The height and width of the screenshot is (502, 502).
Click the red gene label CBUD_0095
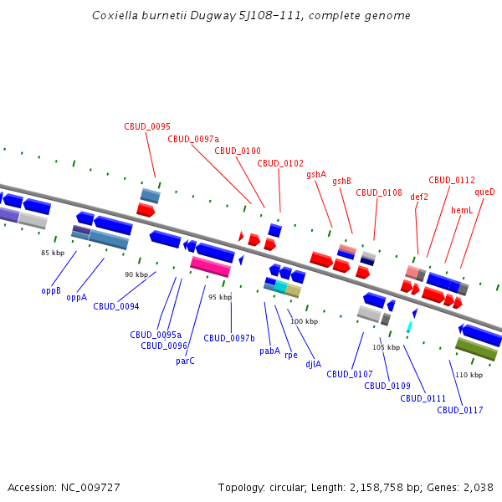pos(147,126)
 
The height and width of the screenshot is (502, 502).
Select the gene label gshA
pos(316,174)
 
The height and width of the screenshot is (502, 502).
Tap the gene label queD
pos(484,192)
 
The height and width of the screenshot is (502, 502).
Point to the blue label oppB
pos(51,290)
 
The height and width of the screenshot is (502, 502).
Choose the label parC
pos(186,361)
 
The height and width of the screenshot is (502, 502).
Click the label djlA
pos(313,364)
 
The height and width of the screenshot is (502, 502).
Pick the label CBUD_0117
pos(459,410)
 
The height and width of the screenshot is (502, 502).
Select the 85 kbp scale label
pos(53,253)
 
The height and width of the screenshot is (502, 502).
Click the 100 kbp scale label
pos(304,321)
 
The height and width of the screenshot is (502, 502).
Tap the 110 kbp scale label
pos(469,375)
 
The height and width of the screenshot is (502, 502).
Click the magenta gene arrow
pos(210,266)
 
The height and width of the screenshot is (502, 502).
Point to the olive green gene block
pos(476,349)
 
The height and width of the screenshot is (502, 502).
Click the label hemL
pos(462,210)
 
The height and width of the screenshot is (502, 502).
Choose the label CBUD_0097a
pos(193,139)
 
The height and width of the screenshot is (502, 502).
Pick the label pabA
pos(269,351)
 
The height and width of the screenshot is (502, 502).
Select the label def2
pos(419,197)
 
